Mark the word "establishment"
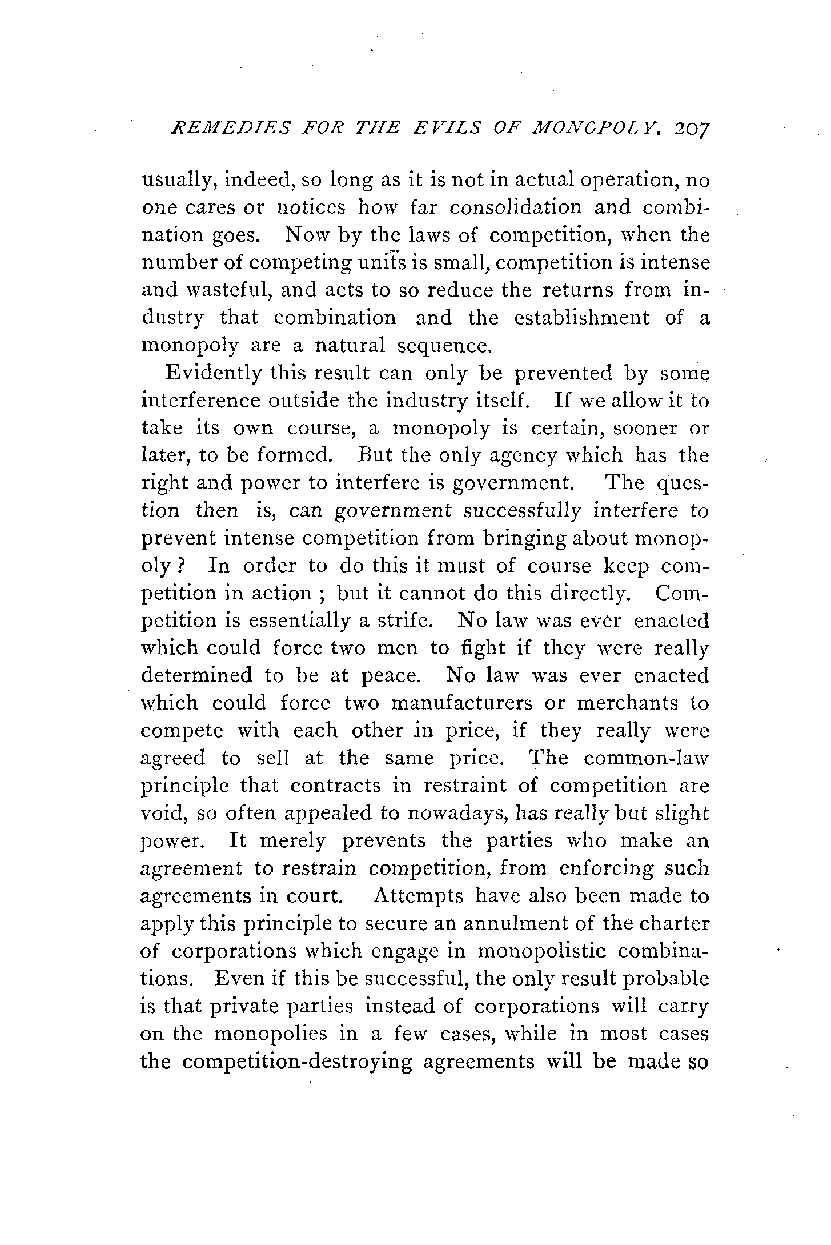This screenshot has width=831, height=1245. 581,318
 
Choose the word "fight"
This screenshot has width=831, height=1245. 484,648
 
